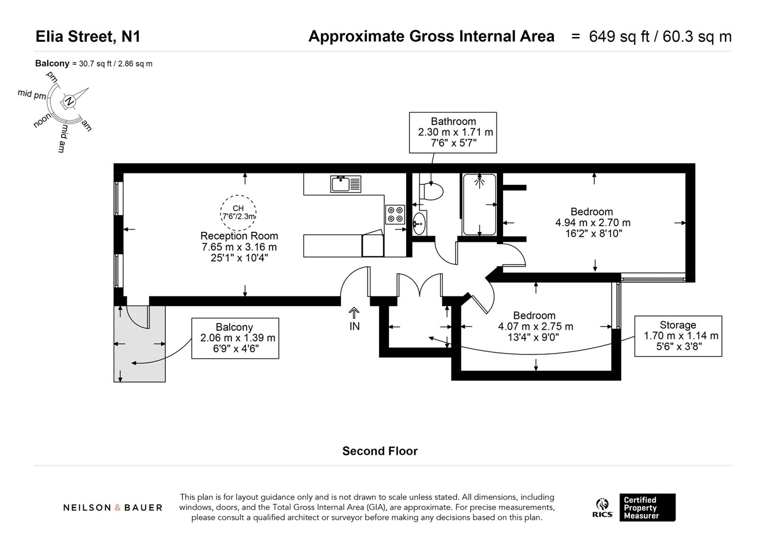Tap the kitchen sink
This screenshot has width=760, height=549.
pyautogui.click(x=345, y=184)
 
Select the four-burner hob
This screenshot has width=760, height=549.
pyautogui.click(x=395, y=215)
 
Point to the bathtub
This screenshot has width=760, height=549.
pyautogui.click(x=479, y=205)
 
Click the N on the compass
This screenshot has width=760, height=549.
pyautogui.click(x=69, y=101)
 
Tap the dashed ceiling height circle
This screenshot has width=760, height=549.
pyautogui.click(x=238, y=212)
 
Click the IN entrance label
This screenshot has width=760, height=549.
pyautogui.click(x=354, y=326)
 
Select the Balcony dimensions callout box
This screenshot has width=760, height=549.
pyautogui.click(x=235, y=338)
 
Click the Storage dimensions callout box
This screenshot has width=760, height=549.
pyautogui.click(x=678, y=336)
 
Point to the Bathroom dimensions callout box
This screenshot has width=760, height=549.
pyautogui.click(x=453, y=133)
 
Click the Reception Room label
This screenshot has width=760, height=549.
pyautogui.click(x=239, y=236)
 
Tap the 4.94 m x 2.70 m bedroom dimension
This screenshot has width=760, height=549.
pyautogui.click(x=593, y=223)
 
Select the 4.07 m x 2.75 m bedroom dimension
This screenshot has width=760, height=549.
pyautogui.click(x=535, y=326)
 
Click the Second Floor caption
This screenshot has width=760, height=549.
pyautogui.click(x=380, y=451)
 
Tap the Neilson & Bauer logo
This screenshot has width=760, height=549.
pyautogui.click(x=112, y=508)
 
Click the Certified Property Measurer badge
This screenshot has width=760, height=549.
pyautogui.click(x=648, y=507)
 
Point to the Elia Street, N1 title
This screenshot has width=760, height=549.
pyautogui.click(x=88, y=36)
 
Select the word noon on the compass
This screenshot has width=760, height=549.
pyautogui.click(x=43, y=120)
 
